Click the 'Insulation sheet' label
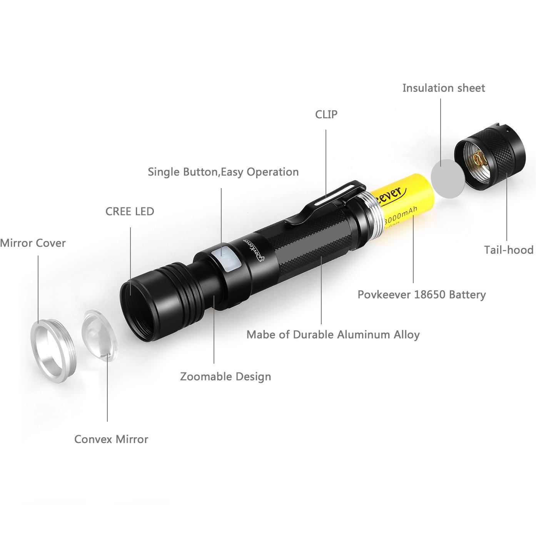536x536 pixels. (x=444, y=88)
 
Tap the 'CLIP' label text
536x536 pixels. (x=326, y=114)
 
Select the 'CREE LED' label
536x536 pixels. (x=130, y=211)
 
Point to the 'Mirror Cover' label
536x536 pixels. (x=33, y=243)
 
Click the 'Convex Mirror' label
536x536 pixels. (x=111, y=439)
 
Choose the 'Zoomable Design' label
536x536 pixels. (x=225, y=377)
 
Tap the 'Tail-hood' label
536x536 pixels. (x=509, y=250)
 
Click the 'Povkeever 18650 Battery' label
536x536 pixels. (x=422, y=295)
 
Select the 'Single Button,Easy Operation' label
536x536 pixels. (x=223, y=172)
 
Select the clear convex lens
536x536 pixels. (x=99, y=335)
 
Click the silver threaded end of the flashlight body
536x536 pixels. (x=371, y=211)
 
